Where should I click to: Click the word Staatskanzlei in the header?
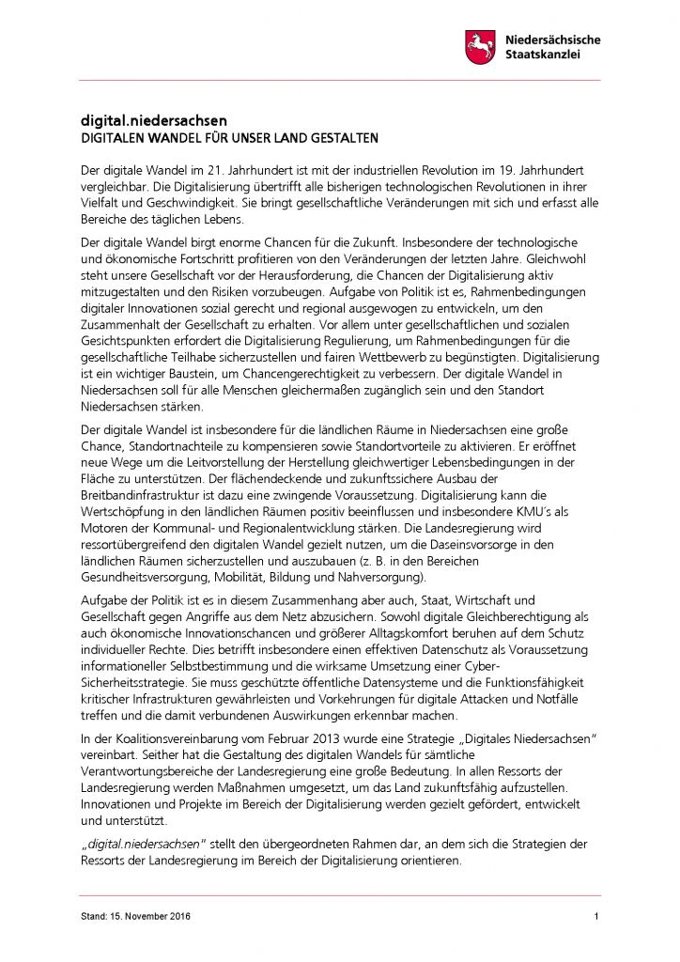pyautogui.click(x=543, y=55)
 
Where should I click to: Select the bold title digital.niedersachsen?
pyautogui.click(x=153, y=121)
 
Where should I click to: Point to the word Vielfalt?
pyautogui.click(x=97, y=202)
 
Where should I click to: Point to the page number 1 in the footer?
pyautogui.click(x=596, y=917)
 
